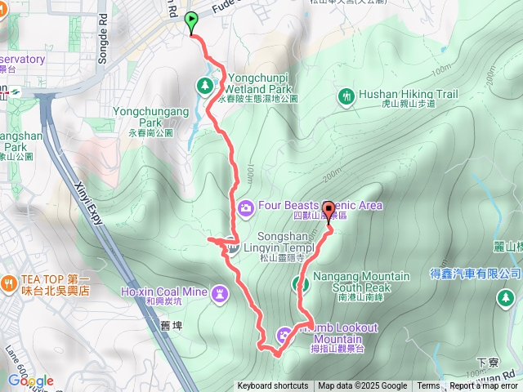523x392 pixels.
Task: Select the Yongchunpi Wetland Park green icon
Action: click(x=204, y=83)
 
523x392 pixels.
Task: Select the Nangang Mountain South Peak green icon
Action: click(x=300, y=284)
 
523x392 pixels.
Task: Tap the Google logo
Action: click(x=30, y=381)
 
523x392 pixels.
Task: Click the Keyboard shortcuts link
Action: click(x=273, y=386)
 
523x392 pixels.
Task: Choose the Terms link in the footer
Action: click(x=428, y=386)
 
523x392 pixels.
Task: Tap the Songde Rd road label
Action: click(x=104, y=33)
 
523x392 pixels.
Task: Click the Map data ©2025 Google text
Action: click(x=362, y=386)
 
